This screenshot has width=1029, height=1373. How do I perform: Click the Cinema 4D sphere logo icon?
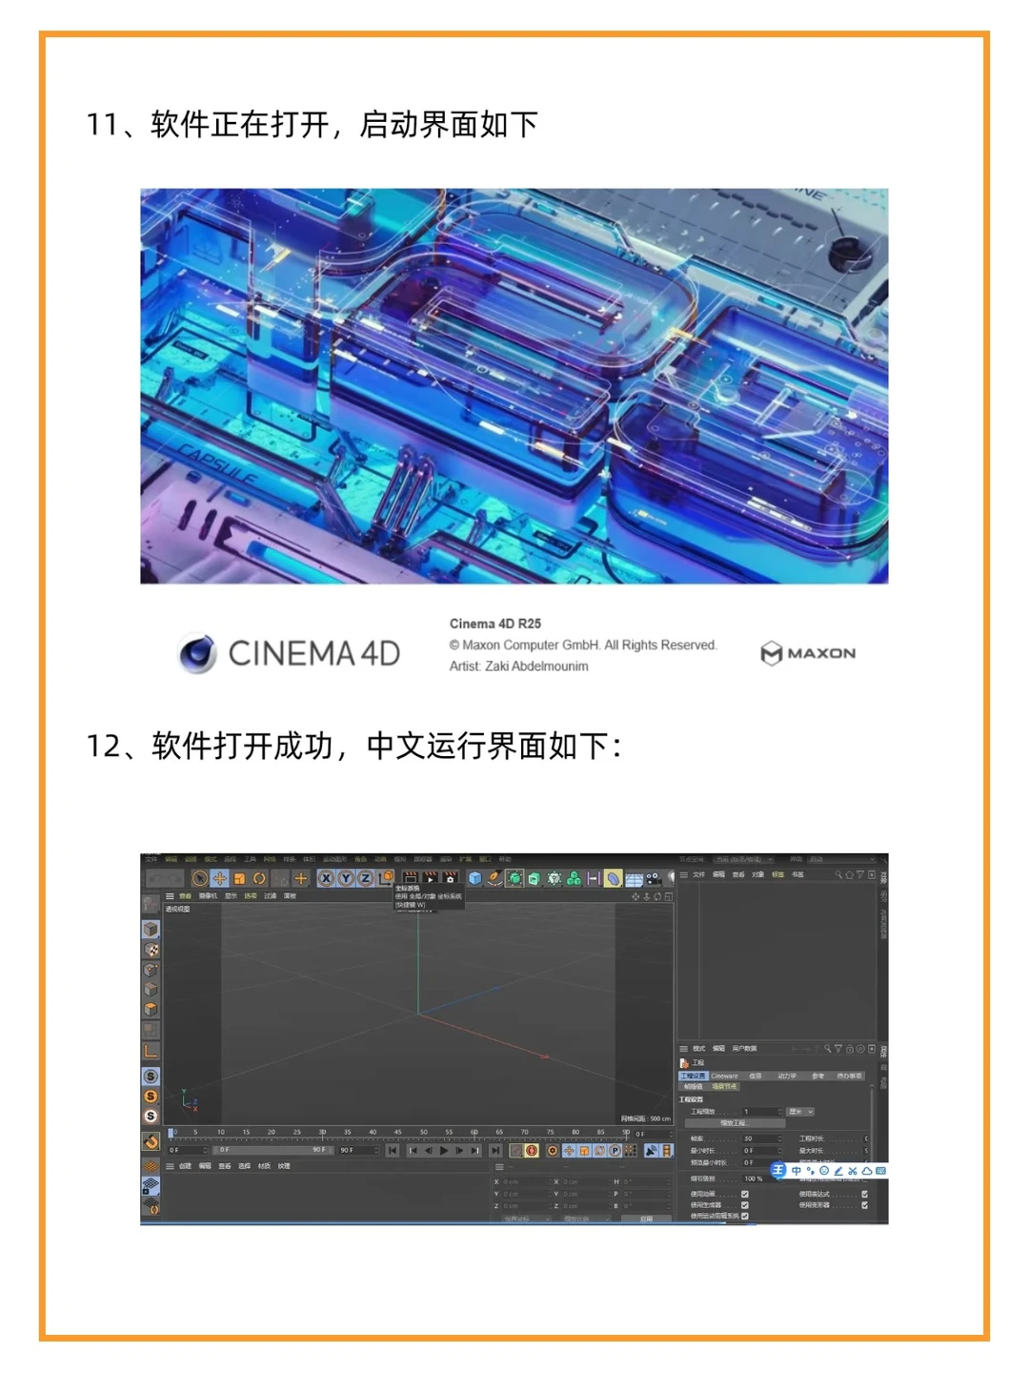(x=197, y=653)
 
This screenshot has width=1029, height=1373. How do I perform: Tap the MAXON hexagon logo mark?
(x=771, y=653)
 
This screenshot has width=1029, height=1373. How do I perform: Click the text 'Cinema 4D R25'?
(x=494, y=624)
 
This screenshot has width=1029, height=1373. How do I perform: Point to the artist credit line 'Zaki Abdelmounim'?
(x=518, y=666)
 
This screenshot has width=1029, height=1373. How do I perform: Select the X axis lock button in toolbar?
(x=326, y=878)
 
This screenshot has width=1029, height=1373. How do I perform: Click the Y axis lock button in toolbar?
(x=345, y=878)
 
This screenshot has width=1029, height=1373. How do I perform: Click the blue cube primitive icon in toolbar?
(x=474, y=878)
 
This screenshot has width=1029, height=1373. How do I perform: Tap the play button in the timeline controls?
(x=443, y=1151)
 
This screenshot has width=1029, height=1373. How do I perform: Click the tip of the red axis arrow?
(x=546, y=1056)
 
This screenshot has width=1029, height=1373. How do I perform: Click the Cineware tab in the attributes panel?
(x=724, y=1076)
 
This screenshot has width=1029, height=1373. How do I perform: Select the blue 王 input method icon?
(x=777, y=1170)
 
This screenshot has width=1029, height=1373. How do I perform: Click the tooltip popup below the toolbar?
(x=429, y=897)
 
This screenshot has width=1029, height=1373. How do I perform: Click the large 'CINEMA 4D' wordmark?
(x=313, y=653)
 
